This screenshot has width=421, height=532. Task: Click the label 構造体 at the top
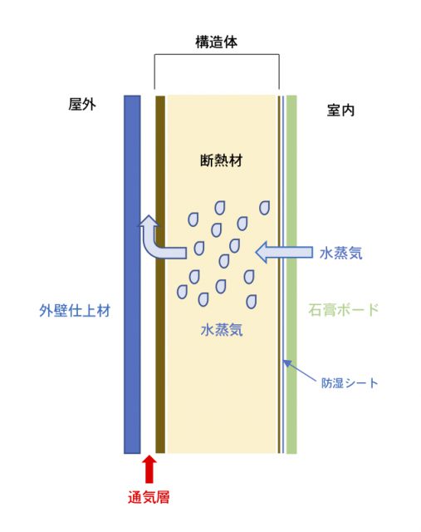(216, 42)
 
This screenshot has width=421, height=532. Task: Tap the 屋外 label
(82, 104)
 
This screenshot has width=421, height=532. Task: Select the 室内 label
(340, 111)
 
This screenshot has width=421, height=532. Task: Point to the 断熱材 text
(221, 160)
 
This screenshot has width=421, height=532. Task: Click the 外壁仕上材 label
(75, 310)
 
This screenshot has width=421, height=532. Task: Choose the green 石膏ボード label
(344, 310)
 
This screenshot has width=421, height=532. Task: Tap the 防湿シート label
(350, 383)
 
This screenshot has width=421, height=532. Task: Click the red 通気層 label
(149, 497)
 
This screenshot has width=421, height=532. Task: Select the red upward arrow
(149, 469)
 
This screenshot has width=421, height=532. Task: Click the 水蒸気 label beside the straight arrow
(341, 253)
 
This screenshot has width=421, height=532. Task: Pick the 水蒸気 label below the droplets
(222, 329)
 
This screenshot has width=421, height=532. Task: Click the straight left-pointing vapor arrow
(284, 253)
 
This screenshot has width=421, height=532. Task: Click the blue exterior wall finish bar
(132, 274)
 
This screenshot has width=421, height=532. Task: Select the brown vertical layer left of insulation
(160, 274)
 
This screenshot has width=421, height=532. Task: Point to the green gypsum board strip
(291, 274)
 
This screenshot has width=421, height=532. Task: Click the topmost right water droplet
(264, 208)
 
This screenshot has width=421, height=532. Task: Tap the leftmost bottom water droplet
(183, 292)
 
